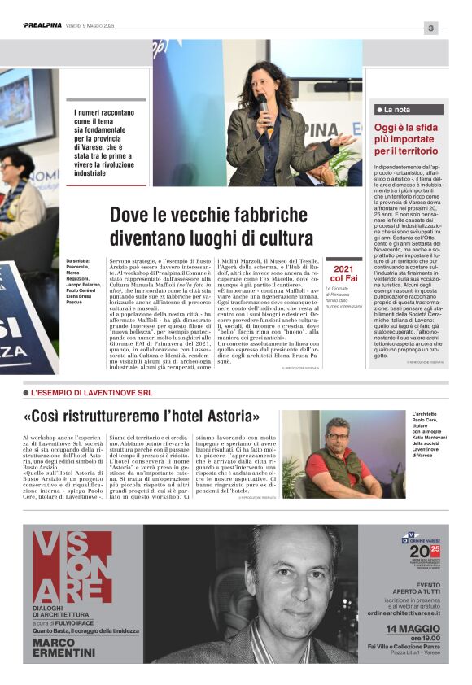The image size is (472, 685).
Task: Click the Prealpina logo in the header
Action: point(43,26)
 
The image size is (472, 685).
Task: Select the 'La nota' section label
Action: point(397,109)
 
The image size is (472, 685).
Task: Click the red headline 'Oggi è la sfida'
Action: point(405,128)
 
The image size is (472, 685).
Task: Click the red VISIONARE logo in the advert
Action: point(72,568)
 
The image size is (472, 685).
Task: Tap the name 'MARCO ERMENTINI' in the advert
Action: point(64,648)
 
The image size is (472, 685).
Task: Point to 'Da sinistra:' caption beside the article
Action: point(80,260)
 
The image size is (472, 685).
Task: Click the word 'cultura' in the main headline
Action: point(283,239)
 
